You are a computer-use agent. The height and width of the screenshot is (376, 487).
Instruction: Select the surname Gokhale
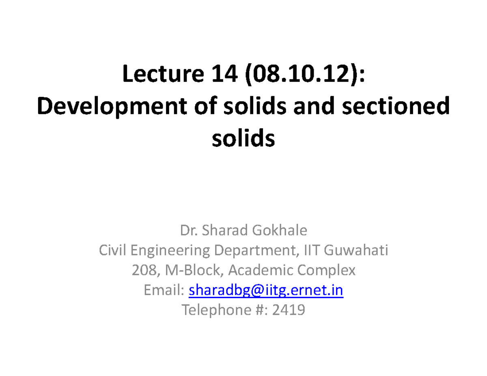click(x=280, y=231)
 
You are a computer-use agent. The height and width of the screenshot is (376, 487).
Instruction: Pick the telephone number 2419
click(x=289, y=311)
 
